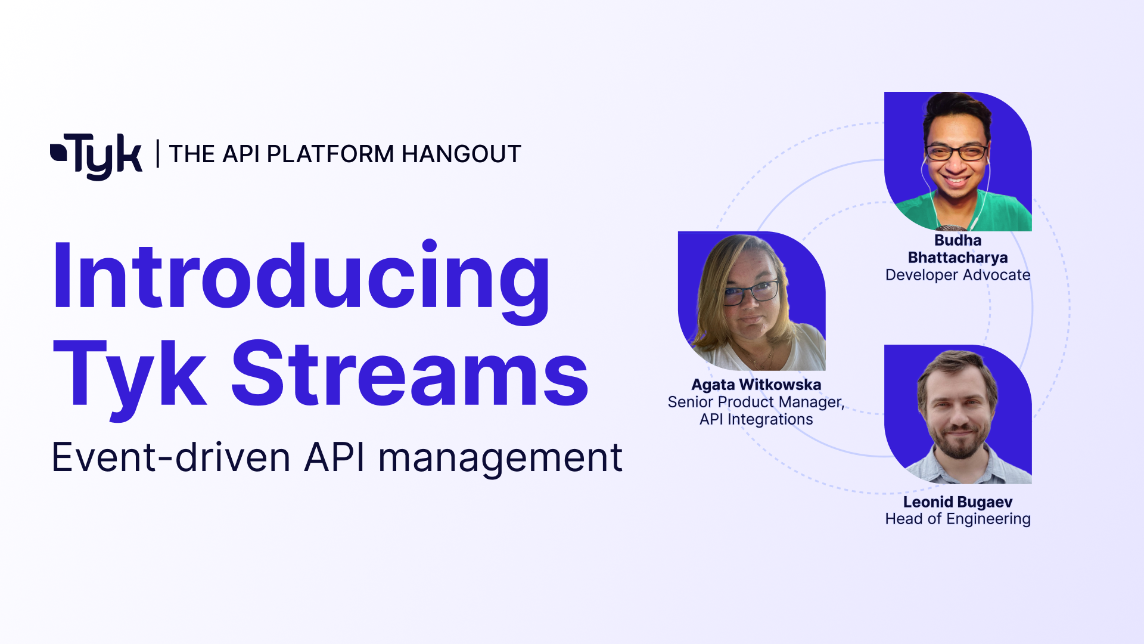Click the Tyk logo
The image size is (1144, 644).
pos(97,155)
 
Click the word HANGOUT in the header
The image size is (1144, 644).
pos(461,154)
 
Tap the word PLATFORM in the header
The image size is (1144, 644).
pos(330,154)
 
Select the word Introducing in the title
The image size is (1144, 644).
pos(301,277)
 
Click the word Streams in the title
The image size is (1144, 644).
pos(410,374)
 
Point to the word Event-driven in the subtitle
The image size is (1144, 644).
pos(171,458)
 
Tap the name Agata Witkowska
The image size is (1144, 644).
pos(756,385)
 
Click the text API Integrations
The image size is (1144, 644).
pos(756,419)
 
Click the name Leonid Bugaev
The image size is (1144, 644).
pos(958,502)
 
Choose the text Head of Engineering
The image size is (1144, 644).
pos(958,519)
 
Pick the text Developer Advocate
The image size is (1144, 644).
pos(958,275)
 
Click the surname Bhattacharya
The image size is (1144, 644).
pos(958,258)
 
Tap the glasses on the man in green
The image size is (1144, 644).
pos(956,153)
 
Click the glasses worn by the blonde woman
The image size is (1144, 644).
pos(752,293)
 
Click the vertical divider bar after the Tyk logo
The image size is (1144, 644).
pos(157,153)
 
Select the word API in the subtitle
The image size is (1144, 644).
pos(334,458)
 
